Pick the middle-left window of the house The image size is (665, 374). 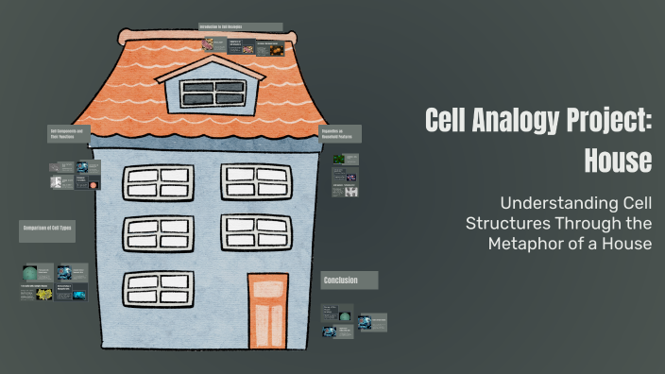point(157,232)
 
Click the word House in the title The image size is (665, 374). point(618,161)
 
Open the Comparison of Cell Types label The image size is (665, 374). point(46,229)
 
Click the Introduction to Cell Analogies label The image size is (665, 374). point(240,27)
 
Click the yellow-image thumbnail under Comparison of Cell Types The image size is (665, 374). point(43,294)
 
